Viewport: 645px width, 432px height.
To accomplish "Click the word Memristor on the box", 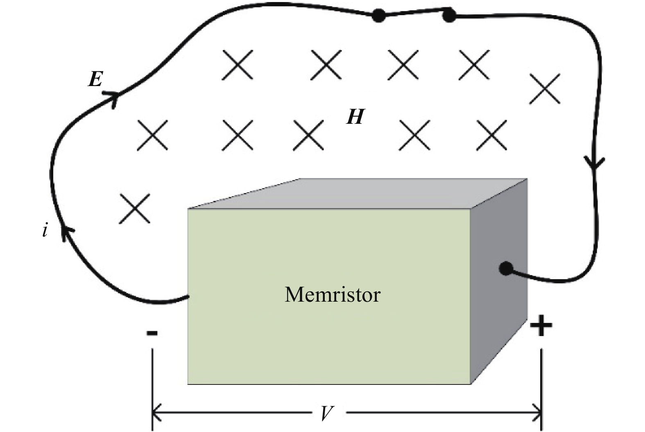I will pyautogui.click(x=333, y=294).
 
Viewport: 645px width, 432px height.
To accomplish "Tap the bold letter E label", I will pyautogui.click(x=95, y=79).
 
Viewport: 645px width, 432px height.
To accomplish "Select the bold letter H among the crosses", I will pyautogui.click(x=355, y=117).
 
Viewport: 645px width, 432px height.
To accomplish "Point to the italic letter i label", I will pyautogui.click(x=45, y=231).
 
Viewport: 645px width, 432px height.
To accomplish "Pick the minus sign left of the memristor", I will pyautogui.click(x=152, y=332).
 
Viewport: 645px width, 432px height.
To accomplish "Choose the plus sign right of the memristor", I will pyautogui.click(x=541, y=327).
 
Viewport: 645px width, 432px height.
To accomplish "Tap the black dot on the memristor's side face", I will pyautogui.click(x=506, y=269).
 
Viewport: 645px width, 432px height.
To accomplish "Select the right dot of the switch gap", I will pyautogui.click(x=449, y=16).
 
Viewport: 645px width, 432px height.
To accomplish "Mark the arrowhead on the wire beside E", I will pyautogui.click(x=111, y=98).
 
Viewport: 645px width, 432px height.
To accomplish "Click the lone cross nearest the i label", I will pyautogui.click(x=134, y=209).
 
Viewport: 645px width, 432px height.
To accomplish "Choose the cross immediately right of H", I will pyautogui.click(x=414, y=135).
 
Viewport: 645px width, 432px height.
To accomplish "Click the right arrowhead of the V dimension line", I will pyautogui.click(x=536, y=411).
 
